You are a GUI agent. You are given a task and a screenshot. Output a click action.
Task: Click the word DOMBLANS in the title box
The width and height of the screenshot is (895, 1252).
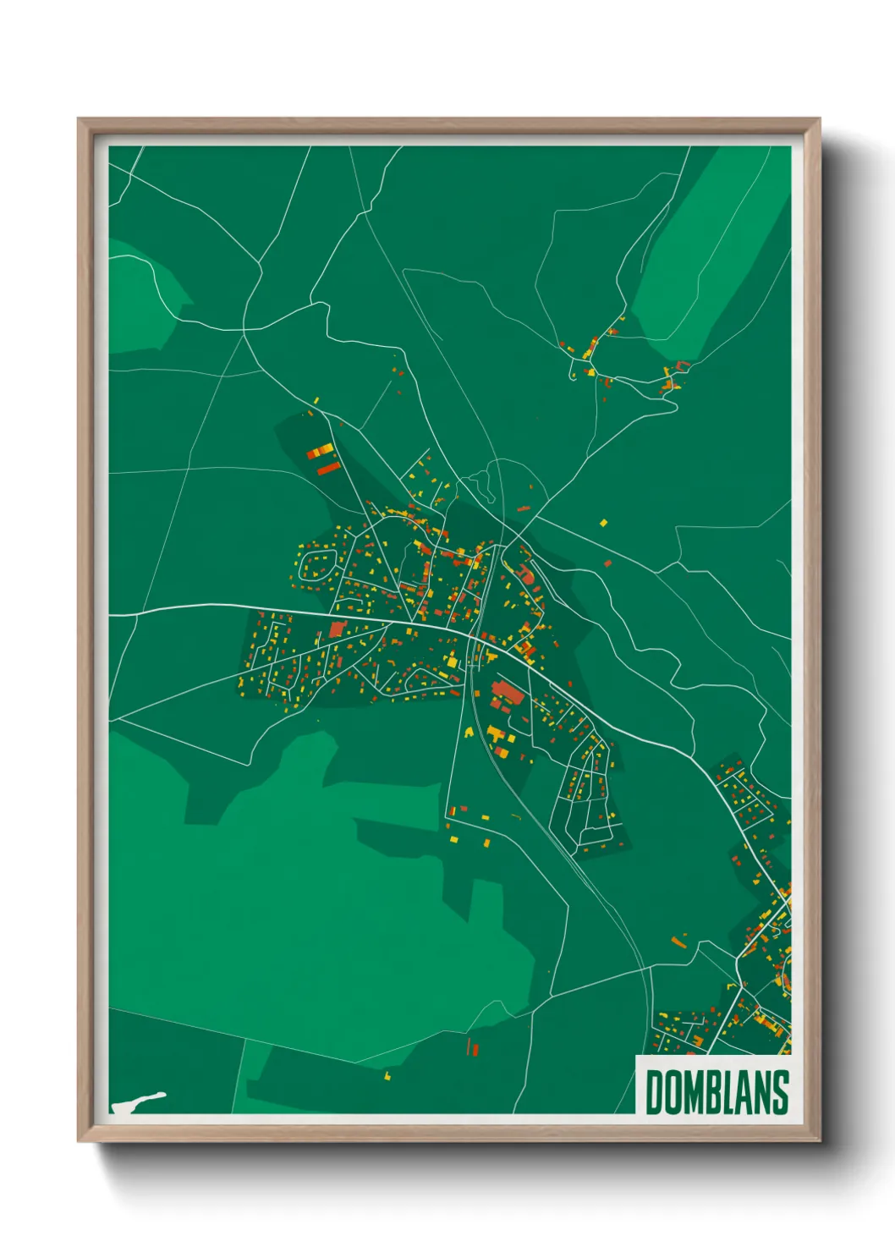[717, 1092]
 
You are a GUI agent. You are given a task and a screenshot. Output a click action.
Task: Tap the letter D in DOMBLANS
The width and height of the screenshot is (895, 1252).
[655, 1092]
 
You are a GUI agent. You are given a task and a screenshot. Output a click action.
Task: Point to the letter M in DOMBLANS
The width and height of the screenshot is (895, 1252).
[694, 1092]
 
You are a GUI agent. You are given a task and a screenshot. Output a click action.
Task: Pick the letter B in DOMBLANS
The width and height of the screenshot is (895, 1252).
[715, 1092]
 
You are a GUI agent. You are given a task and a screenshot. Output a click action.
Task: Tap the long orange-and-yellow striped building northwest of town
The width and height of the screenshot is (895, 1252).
[320, 451]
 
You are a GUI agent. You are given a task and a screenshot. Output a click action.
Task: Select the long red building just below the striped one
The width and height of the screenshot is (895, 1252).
[327, 467]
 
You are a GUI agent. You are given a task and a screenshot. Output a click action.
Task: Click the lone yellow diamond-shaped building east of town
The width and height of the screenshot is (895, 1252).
[603, 523]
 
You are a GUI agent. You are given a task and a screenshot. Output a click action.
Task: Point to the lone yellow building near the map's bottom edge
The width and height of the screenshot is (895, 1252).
[387, 1076]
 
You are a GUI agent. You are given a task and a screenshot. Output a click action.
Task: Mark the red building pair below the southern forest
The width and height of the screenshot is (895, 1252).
[473, 1048]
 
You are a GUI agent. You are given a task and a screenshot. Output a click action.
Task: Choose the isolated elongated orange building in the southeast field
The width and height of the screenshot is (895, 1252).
[678, 940]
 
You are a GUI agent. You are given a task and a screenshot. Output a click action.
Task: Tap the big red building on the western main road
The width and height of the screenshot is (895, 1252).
[338, 629]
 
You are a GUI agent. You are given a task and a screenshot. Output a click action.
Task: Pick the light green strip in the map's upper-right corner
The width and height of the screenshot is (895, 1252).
[715, 254]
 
